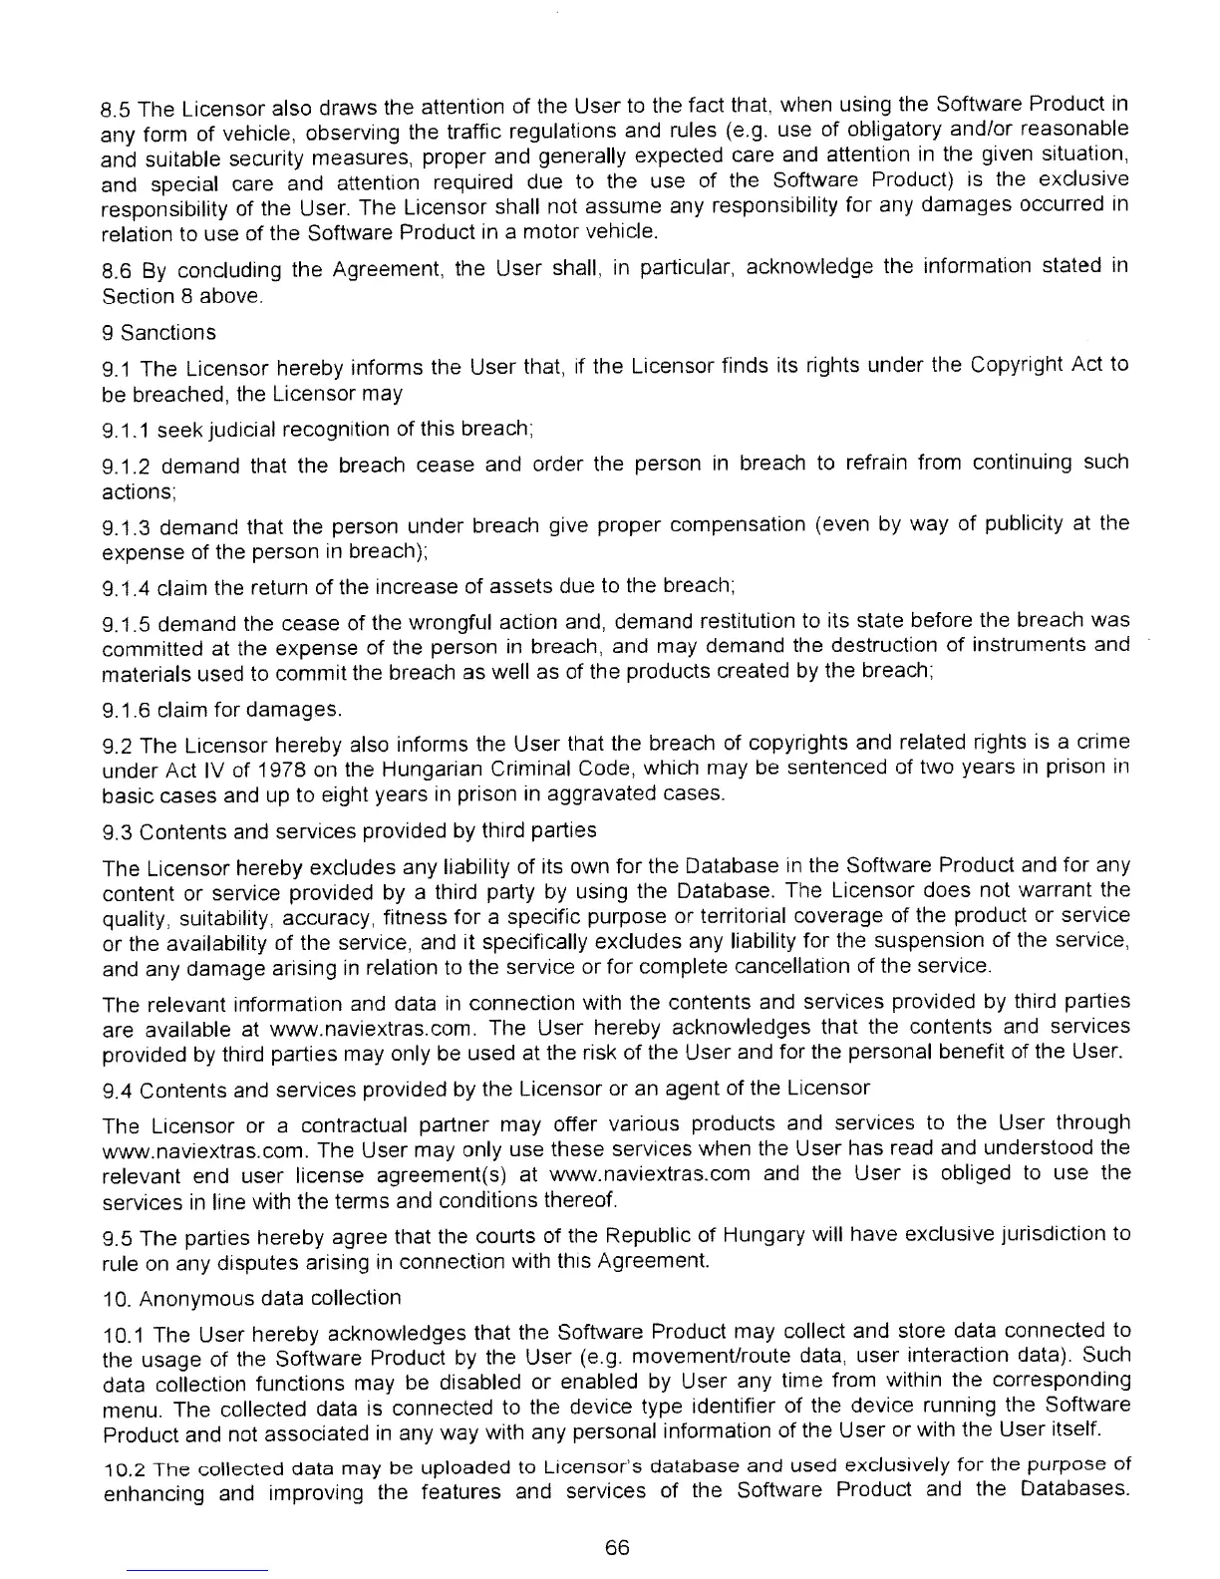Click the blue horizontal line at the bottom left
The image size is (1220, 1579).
(x=196, y=1570)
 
